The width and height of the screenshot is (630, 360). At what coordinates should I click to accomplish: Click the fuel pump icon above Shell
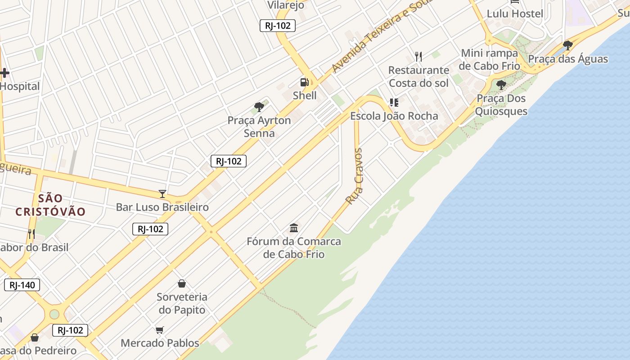[x=305, y=82]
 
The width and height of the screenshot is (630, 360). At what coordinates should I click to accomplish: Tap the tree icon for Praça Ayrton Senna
[x=259, y=107]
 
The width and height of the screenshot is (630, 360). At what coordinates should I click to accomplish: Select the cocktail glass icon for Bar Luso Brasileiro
[x=162, y=194]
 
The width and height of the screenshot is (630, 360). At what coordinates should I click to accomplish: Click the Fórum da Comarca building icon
[x=294, y=228]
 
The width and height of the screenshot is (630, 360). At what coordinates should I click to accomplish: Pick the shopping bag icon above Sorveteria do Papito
[x=182, y=283]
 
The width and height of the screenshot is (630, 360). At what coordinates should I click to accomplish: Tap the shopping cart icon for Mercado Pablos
[x=160, y=330]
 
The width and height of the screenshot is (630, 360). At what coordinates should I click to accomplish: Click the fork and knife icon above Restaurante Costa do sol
[x=418, y=57]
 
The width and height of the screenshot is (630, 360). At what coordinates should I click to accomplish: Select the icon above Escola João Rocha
[x=394, y=103]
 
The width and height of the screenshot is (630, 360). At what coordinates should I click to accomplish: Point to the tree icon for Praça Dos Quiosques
[x=501, y=85]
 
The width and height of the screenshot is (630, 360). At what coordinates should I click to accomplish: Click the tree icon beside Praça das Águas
[x=568, y=45]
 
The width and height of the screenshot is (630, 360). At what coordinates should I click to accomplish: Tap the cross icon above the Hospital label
[x=4, y=73]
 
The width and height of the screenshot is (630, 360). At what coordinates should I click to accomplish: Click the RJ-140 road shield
[x=22, y=285]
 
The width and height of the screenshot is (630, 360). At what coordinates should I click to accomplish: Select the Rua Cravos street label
[x=354, y=176]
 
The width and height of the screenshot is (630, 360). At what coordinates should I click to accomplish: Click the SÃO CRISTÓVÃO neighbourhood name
[x=50, y=205]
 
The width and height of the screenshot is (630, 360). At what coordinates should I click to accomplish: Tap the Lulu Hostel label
[x=515, y=13]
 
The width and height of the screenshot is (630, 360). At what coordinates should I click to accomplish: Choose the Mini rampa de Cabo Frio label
[x=490, y=59]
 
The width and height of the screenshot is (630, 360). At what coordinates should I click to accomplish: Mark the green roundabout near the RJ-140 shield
[x=54, y=314]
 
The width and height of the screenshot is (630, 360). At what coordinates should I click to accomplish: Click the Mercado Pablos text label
[x=160, y=343]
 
